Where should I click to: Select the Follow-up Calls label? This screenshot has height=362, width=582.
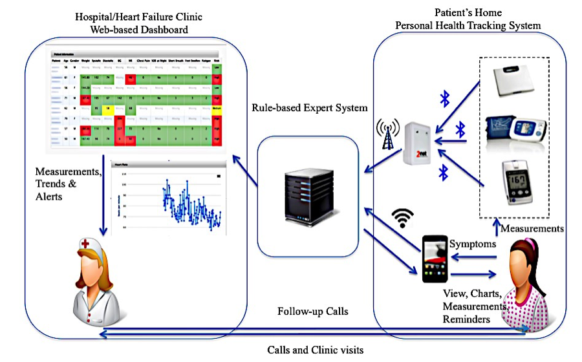313,312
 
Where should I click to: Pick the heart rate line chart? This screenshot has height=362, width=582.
169,197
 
